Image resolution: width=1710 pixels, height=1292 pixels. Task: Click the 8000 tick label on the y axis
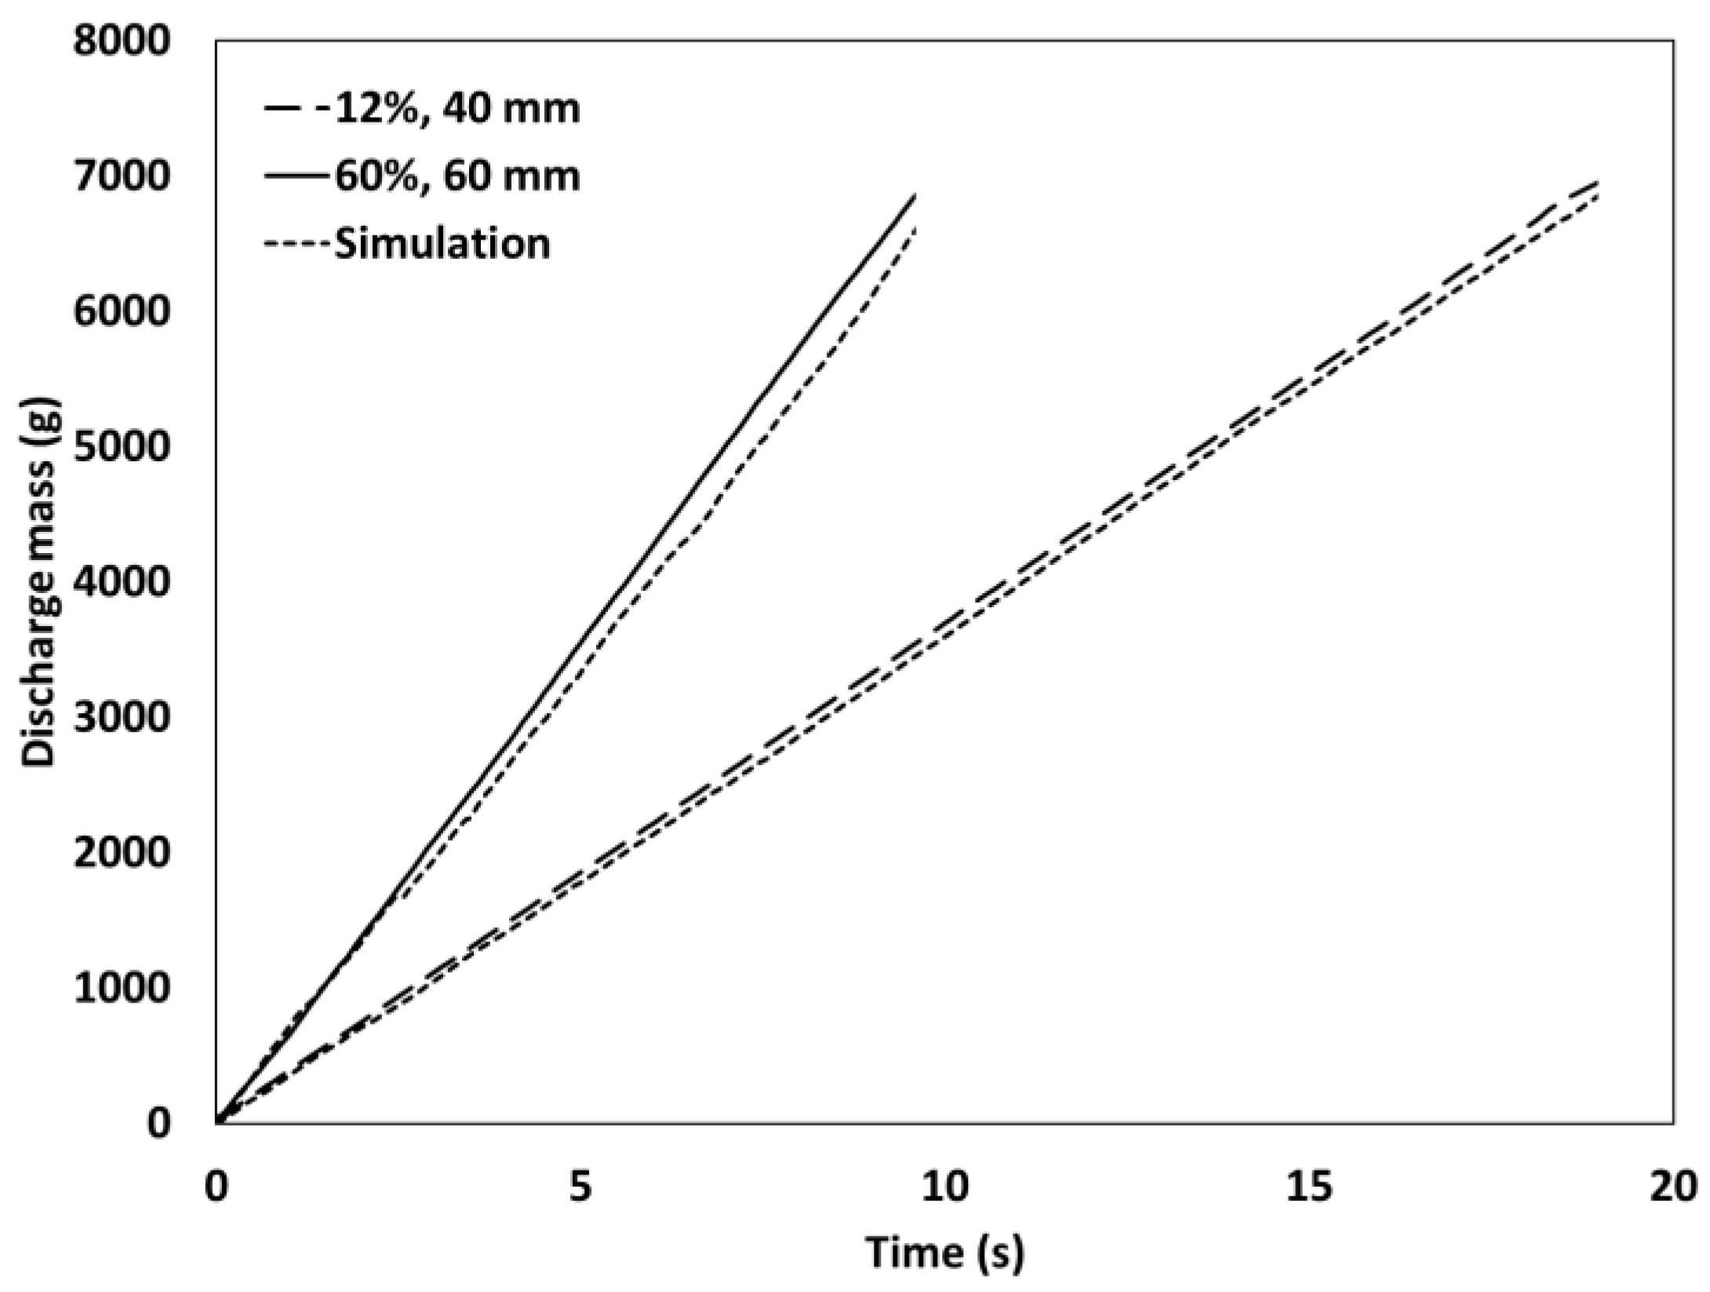121,41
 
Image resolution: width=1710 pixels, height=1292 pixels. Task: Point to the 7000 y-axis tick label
121,176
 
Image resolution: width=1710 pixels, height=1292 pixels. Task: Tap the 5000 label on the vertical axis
121,446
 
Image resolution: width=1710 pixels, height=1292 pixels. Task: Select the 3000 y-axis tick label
121,717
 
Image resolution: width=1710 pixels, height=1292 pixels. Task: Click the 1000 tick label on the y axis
121,988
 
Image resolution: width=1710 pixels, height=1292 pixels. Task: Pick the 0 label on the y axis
158,1123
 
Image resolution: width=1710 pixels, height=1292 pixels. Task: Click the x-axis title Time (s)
944,1253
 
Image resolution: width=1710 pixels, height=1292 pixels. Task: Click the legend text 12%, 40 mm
456,109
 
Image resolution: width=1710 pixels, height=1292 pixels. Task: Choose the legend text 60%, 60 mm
457,177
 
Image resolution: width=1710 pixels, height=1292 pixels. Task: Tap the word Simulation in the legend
442,243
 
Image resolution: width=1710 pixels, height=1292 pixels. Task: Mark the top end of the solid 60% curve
915,195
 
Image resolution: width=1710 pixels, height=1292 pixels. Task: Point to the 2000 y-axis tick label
121,852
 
